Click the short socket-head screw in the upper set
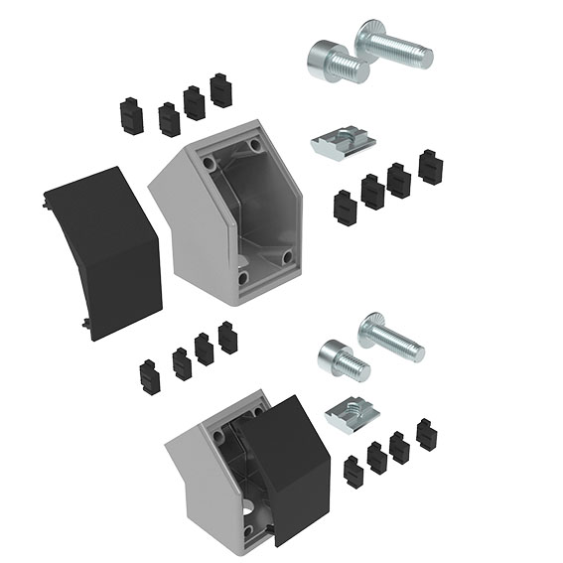click(x=334, y=62)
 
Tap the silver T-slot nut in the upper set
click(x=344, y=145)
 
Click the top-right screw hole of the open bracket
click(x=256, y=146)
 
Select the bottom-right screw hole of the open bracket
click(x=287, y=257)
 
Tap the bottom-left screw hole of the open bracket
click(x=241, y=278)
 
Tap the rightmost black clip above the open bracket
click(x=220, y=90)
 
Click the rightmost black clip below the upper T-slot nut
click(x=431, y=166)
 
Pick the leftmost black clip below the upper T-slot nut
click(x=345, y=208)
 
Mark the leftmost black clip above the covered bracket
click(x=151, y=377)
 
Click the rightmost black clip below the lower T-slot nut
click(x=428, y=435)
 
